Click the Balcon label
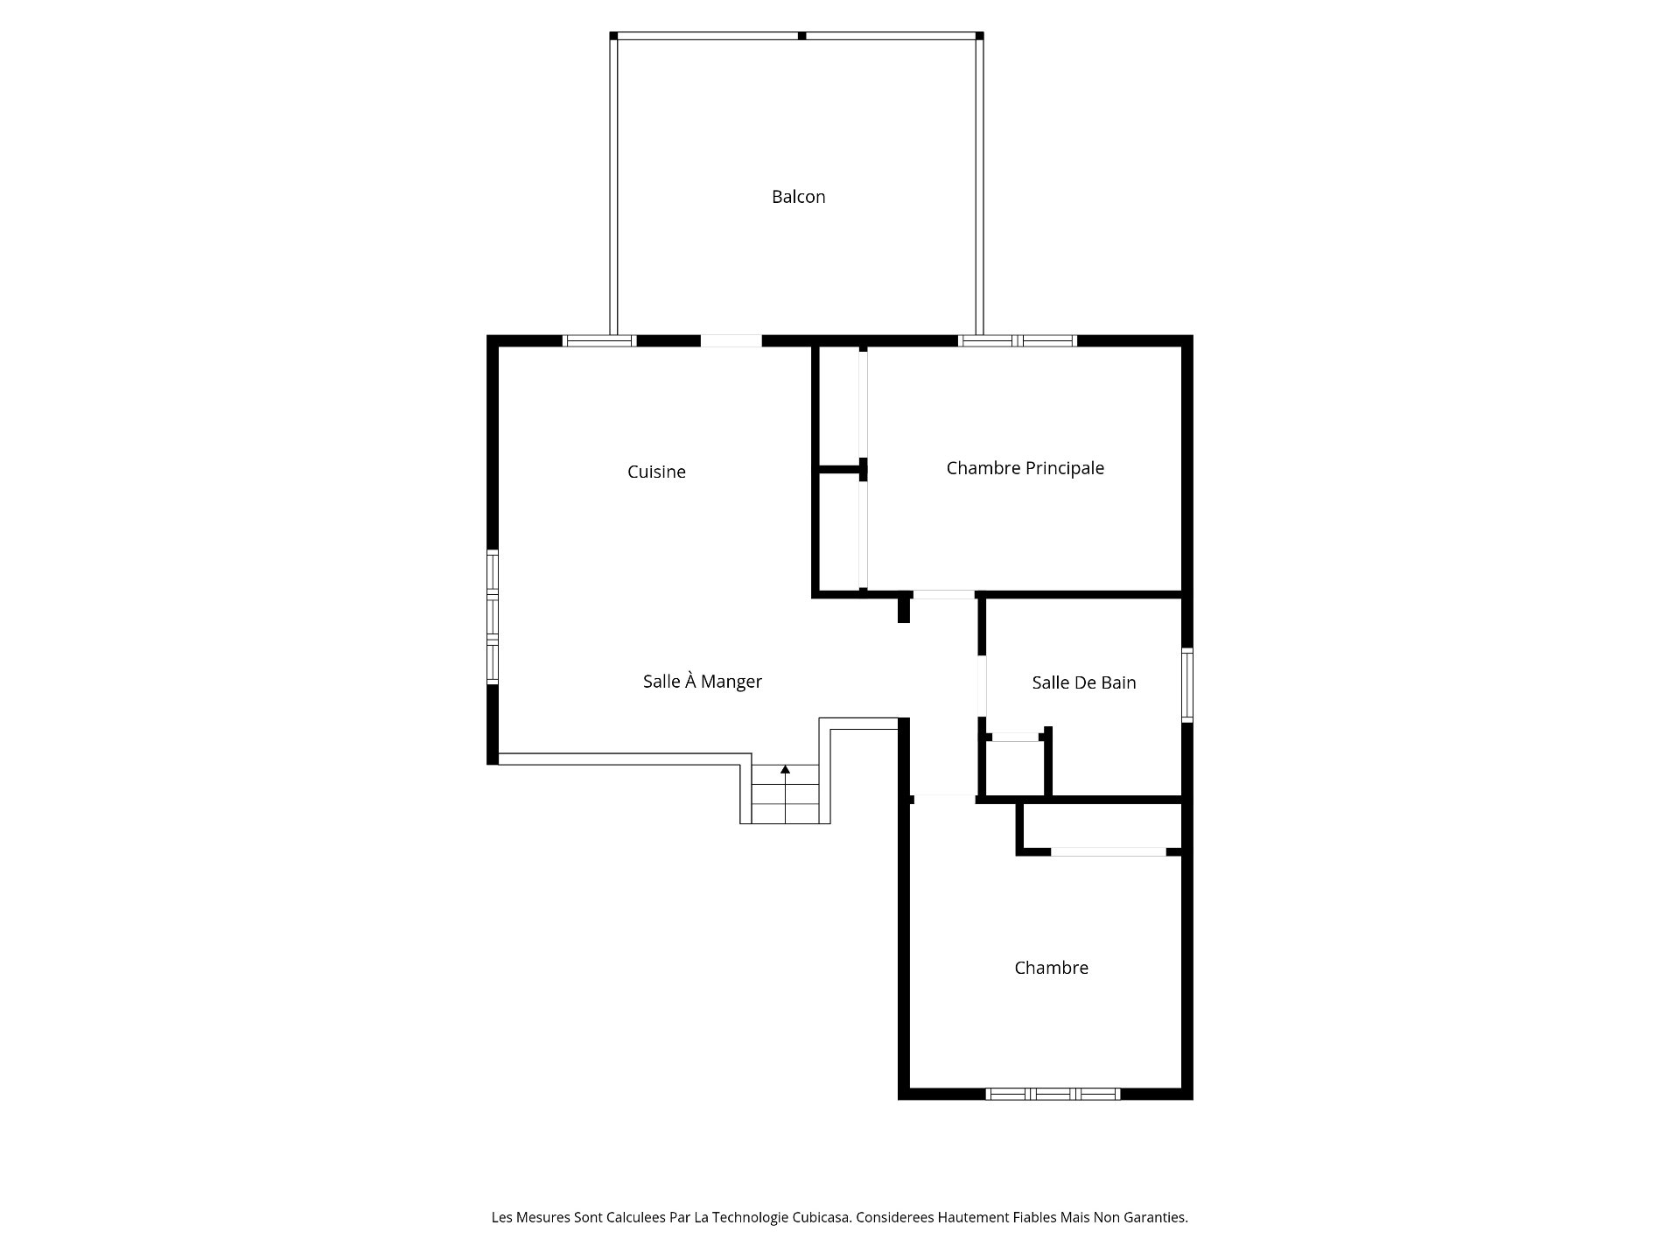(798, 197)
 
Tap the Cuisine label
(656, 472)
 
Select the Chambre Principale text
(1025, 468)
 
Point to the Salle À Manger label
(702, 682)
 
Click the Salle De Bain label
(1083, 682)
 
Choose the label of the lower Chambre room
(1051, 968)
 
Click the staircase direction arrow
(785, 769)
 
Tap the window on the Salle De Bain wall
(1186, 684)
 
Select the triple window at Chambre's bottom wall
(1053, 1094)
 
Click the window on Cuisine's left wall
(493, 617)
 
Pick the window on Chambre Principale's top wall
(1017, 341)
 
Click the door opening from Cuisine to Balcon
(731, 341)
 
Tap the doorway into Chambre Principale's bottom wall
(943, 595)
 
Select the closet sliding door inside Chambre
(1109, 851)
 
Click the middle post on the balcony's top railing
(801, 36)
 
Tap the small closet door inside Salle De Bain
(1015, 738)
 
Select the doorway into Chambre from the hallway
(943, 798)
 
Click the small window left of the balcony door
(598, 341)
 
